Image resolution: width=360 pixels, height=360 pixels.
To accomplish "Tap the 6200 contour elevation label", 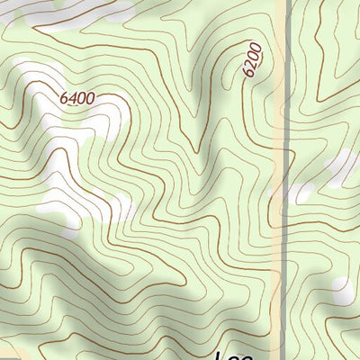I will click(x=252, y=59).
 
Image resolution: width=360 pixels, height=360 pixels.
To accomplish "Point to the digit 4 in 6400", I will click(x=74, y=96).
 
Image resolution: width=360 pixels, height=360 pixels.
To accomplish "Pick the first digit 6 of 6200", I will click(x=248, y=72).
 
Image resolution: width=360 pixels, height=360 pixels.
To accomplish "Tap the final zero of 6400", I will click(x=91, y=100).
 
